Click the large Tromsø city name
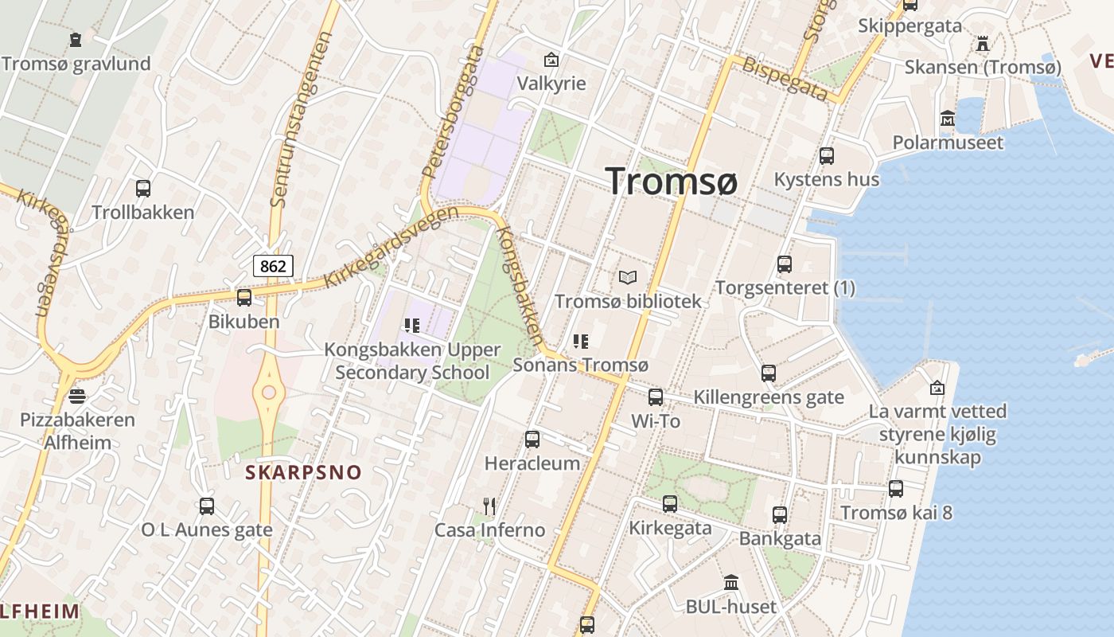(x=671, y=182)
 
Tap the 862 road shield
(x=273, y=266)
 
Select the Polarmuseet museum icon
(x=948, y=119)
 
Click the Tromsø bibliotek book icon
(x=628, y=278)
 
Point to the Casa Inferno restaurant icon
(x=489, y=506)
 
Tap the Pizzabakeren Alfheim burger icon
(x=77, y=396)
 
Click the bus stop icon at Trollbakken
(x=143, y=189)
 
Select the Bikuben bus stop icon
(x=244, y=298)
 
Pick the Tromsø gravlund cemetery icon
(x=76, y=39)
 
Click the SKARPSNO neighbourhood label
(x=303, y=472)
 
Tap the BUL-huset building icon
(x=731, y=583)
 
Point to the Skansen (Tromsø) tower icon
(x=983, y=43)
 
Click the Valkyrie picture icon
(x=551, y=60)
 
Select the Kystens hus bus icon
(x=827, y=155)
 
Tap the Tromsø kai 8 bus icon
(x=896, y=489)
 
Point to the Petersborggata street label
(x=453, y=111)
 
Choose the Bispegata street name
(x=785, y=78)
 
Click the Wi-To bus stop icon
(x=656, y=397)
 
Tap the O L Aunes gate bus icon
(x=207, y=506)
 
